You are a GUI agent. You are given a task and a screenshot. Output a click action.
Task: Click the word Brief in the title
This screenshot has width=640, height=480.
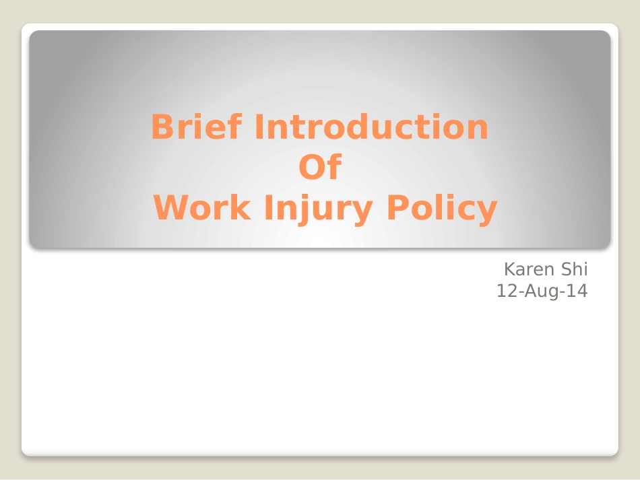pyautogui.click(x=197, y=127)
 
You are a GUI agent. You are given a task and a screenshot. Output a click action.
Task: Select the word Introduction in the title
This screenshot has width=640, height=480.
pyautogui.click(x=371, y=127)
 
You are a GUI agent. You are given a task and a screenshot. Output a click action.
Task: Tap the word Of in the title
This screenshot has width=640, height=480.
pyautogui.click(x=320, y=166)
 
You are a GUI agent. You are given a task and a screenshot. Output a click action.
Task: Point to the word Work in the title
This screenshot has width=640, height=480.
pyautogui.click(x=202, y=207)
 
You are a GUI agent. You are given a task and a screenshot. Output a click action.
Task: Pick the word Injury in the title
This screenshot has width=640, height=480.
pyautogui.click(x=319, y=209)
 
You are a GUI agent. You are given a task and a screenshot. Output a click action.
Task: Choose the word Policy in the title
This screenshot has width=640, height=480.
pyautogui.click(x=442, y=209)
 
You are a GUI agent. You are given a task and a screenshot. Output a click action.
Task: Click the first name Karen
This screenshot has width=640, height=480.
pyautogui.click(x=530, y=269)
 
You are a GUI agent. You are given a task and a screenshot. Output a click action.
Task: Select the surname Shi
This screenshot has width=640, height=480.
pyautogui.click(x=574, y=269)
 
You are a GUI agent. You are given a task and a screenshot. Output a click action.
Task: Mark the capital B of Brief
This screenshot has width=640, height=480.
pyautogui.click(x=162, y=127)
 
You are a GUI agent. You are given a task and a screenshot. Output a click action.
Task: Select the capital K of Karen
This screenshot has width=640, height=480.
pyautogui.click(x=510, y=269)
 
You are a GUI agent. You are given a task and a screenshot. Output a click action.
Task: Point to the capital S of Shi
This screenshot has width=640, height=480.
pyautogui.click(x=567, y=269)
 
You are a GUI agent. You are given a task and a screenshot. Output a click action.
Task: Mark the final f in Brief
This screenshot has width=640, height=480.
pyautogui.click(x=235, y=127)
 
